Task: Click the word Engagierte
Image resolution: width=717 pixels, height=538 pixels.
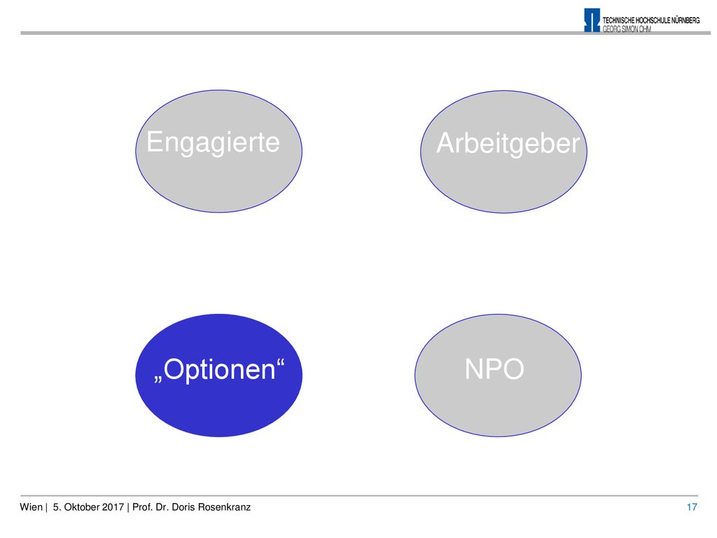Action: (213, 143)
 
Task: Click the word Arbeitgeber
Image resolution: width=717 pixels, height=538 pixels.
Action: (508, 144)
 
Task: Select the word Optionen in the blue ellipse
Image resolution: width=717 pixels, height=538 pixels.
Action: (219, 370)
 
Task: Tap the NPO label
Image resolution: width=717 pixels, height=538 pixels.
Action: (494, 368)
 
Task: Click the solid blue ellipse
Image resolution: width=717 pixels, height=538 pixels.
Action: (218, 375)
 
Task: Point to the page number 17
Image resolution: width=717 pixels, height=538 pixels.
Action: (692, 507)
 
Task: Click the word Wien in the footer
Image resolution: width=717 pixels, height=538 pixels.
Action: (31, 507)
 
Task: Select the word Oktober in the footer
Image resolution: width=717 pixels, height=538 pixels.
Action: (81, 507)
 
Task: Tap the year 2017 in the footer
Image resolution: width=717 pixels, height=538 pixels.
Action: (113, 507)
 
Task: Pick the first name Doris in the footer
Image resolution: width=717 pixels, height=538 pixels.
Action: (183, 507)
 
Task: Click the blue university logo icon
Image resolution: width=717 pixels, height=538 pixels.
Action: (592, 20)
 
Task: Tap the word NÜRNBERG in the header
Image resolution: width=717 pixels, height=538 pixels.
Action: (685, 20)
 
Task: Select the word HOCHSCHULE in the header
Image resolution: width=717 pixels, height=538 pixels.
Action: (653, 20)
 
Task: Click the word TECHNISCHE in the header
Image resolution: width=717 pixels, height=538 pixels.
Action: (618, 20)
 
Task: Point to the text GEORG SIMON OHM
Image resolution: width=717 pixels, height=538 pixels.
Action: (627, 29)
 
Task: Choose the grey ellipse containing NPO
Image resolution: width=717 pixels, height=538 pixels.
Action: (498, 375)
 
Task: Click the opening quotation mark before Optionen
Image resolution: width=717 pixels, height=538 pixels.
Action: (158, 379)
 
